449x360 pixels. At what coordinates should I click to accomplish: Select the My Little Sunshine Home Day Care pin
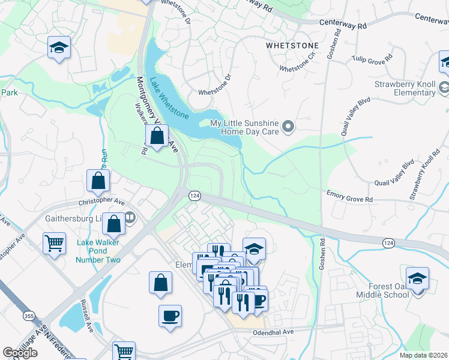point(288,127)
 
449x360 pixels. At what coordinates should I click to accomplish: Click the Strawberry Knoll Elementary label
point(405,88)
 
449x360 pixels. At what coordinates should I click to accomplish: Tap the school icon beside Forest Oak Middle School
point(417,279)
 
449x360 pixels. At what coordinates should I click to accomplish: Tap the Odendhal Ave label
point(273,332)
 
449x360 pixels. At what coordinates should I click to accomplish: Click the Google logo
point(20,352)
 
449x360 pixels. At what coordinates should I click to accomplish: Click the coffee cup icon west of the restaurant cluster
point(170,316)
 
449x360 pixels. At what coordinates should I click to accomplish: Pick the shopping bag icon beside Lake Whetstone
point(157,136)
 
